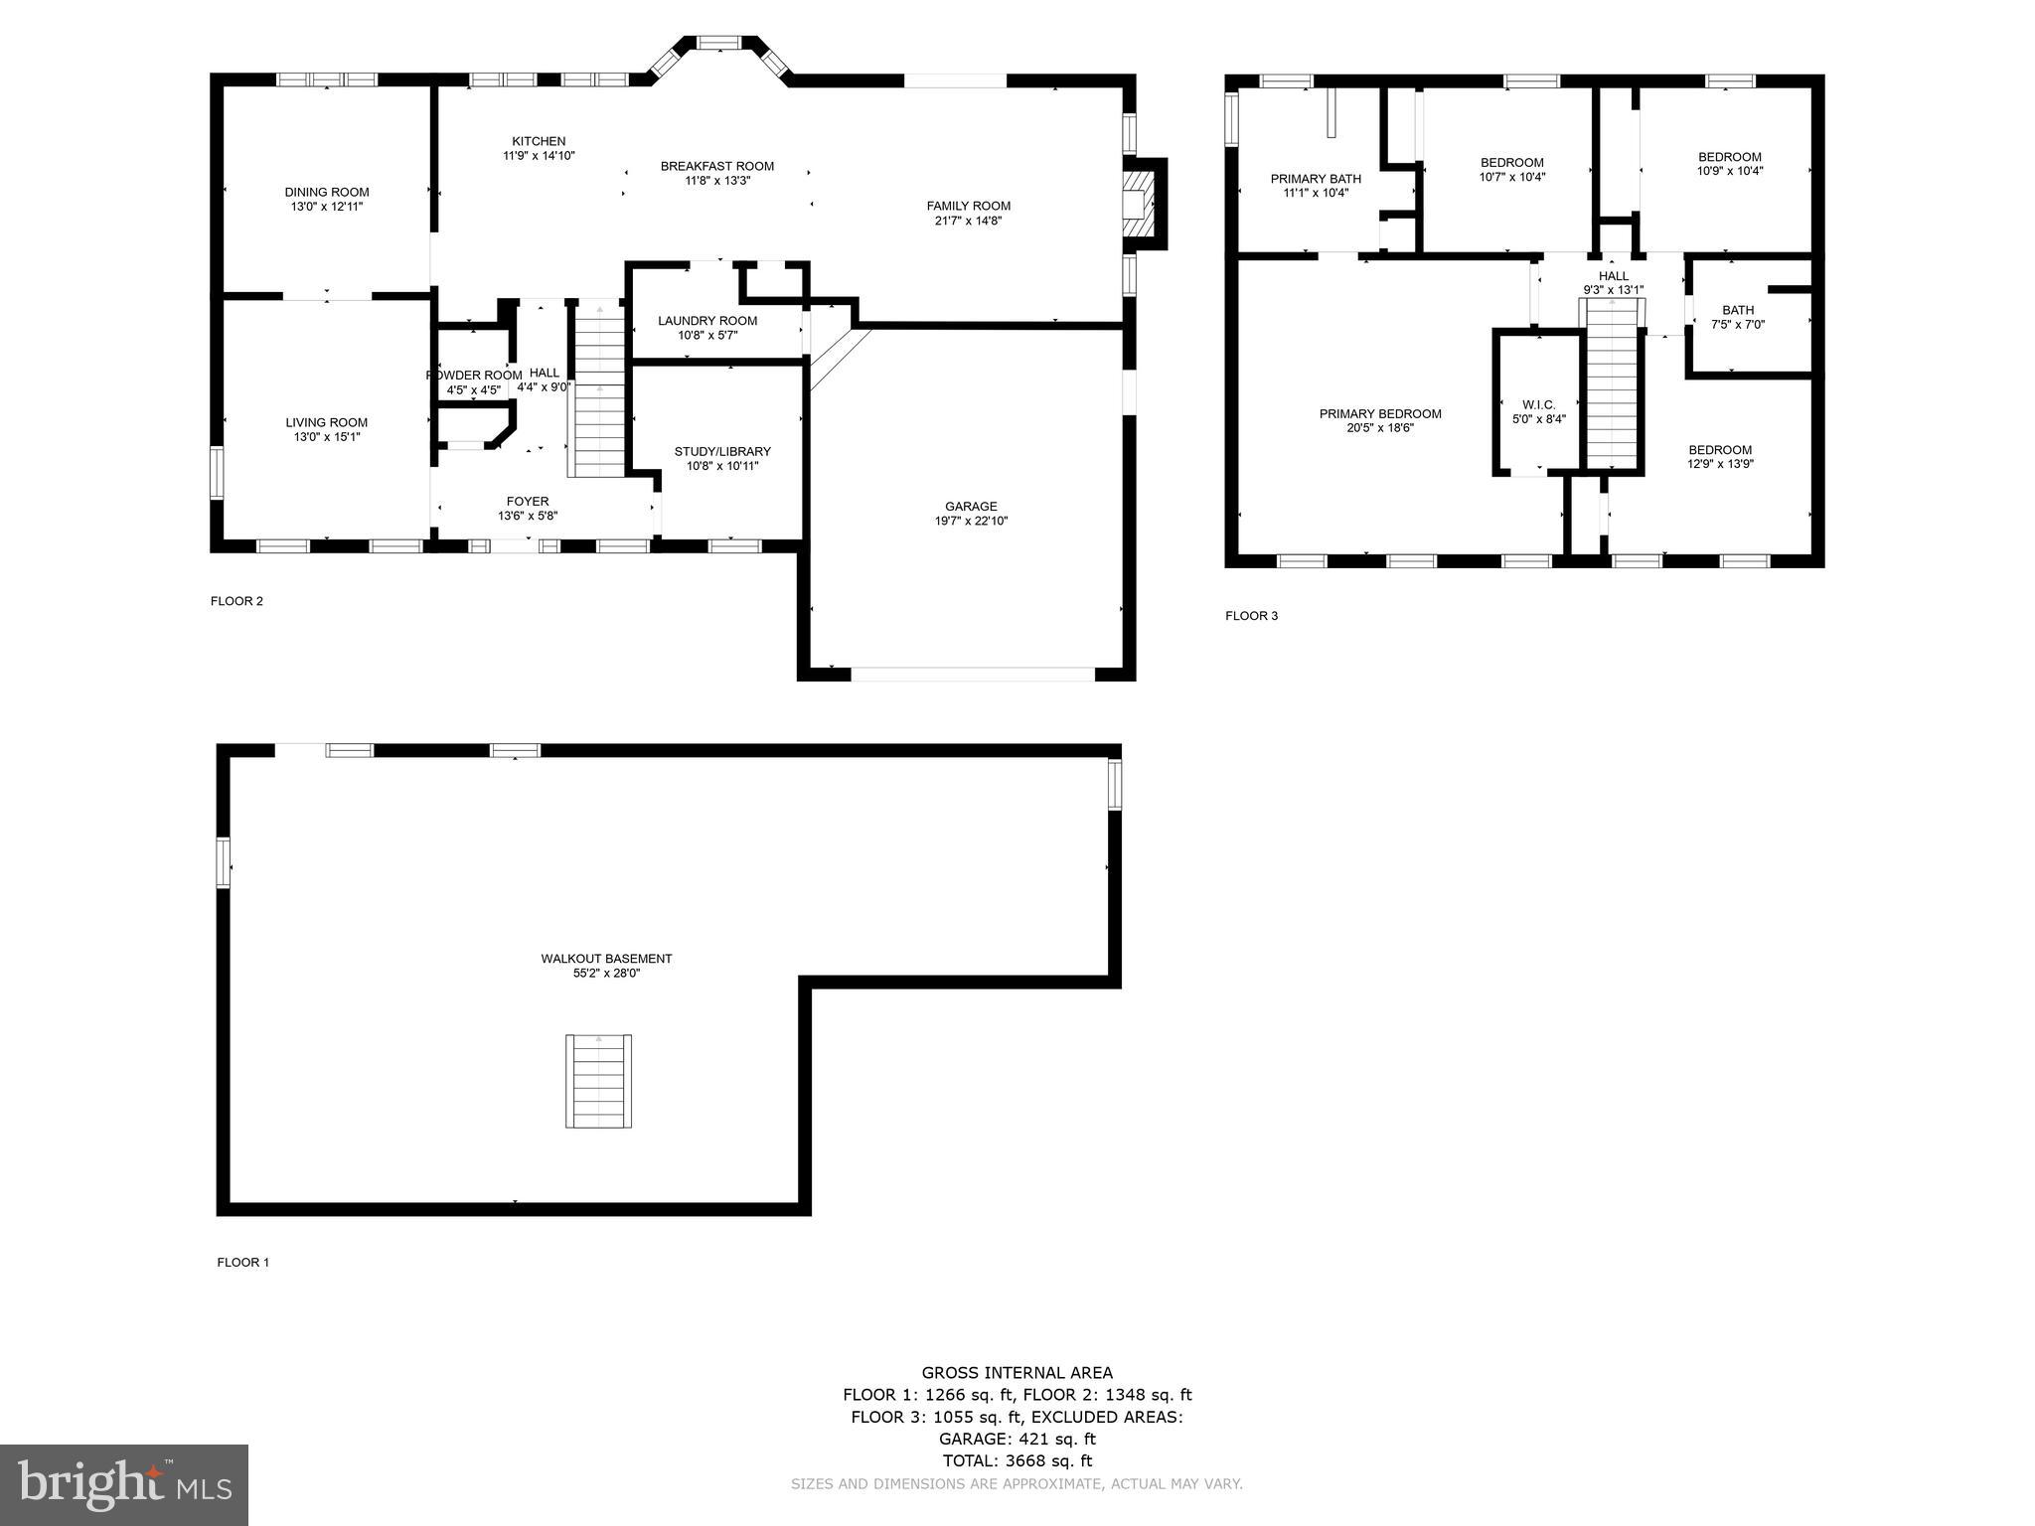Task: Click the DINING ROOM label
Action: pyautogui.click(x=326, y=193)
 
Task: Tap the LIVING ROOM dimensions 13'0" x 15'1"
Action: pyautogui.click(x=326, y=437)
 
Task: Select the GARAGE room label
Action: pyautogui.click(x=971, y=507)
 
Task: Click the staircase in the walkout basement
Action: pyautogui.click(x=599, y=1081)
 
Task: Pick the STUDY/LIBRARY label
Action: pyautogui.click(x=722, y=452)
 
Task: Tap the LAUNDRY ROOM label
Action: pyautogui.click(x=707, y=321)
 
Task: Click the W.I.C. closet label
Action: pyautogui.click(x=1538, y=405)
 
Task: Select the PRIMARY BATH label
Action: pyautogui.click(x=1316, y=180)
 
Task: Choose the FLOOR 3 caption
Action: pyautogui.click(x=1251, y=616)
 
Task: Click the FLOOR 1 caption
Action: pyautogui.click(x=243, y=1263)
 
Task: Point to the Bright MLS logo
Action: pyautogui.click(x=124, y=1484)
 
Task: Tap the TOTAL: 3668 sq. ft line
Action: pyautogui.click(x=1017, y=1460)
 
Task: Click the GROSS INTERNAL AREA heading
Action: pyautogui.click(x=1017, y=1373)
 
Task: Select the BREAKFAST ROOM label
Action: pyautogui.click(x=717, y=167)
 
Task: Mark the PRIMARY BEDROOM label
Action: pyautogui.click(x=1380, y=414)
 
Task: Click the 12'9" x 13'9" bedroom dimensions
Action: pyautogui.click(x=1720, y=464)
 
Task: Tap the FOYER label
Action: pyautogui.click(x=528, y=502)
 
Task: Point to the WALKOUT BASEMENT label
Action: pyautogui.click(x=606, y=959)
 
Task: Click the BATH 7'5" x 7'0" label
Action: pyautogui.click(x=1738, y=317)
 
